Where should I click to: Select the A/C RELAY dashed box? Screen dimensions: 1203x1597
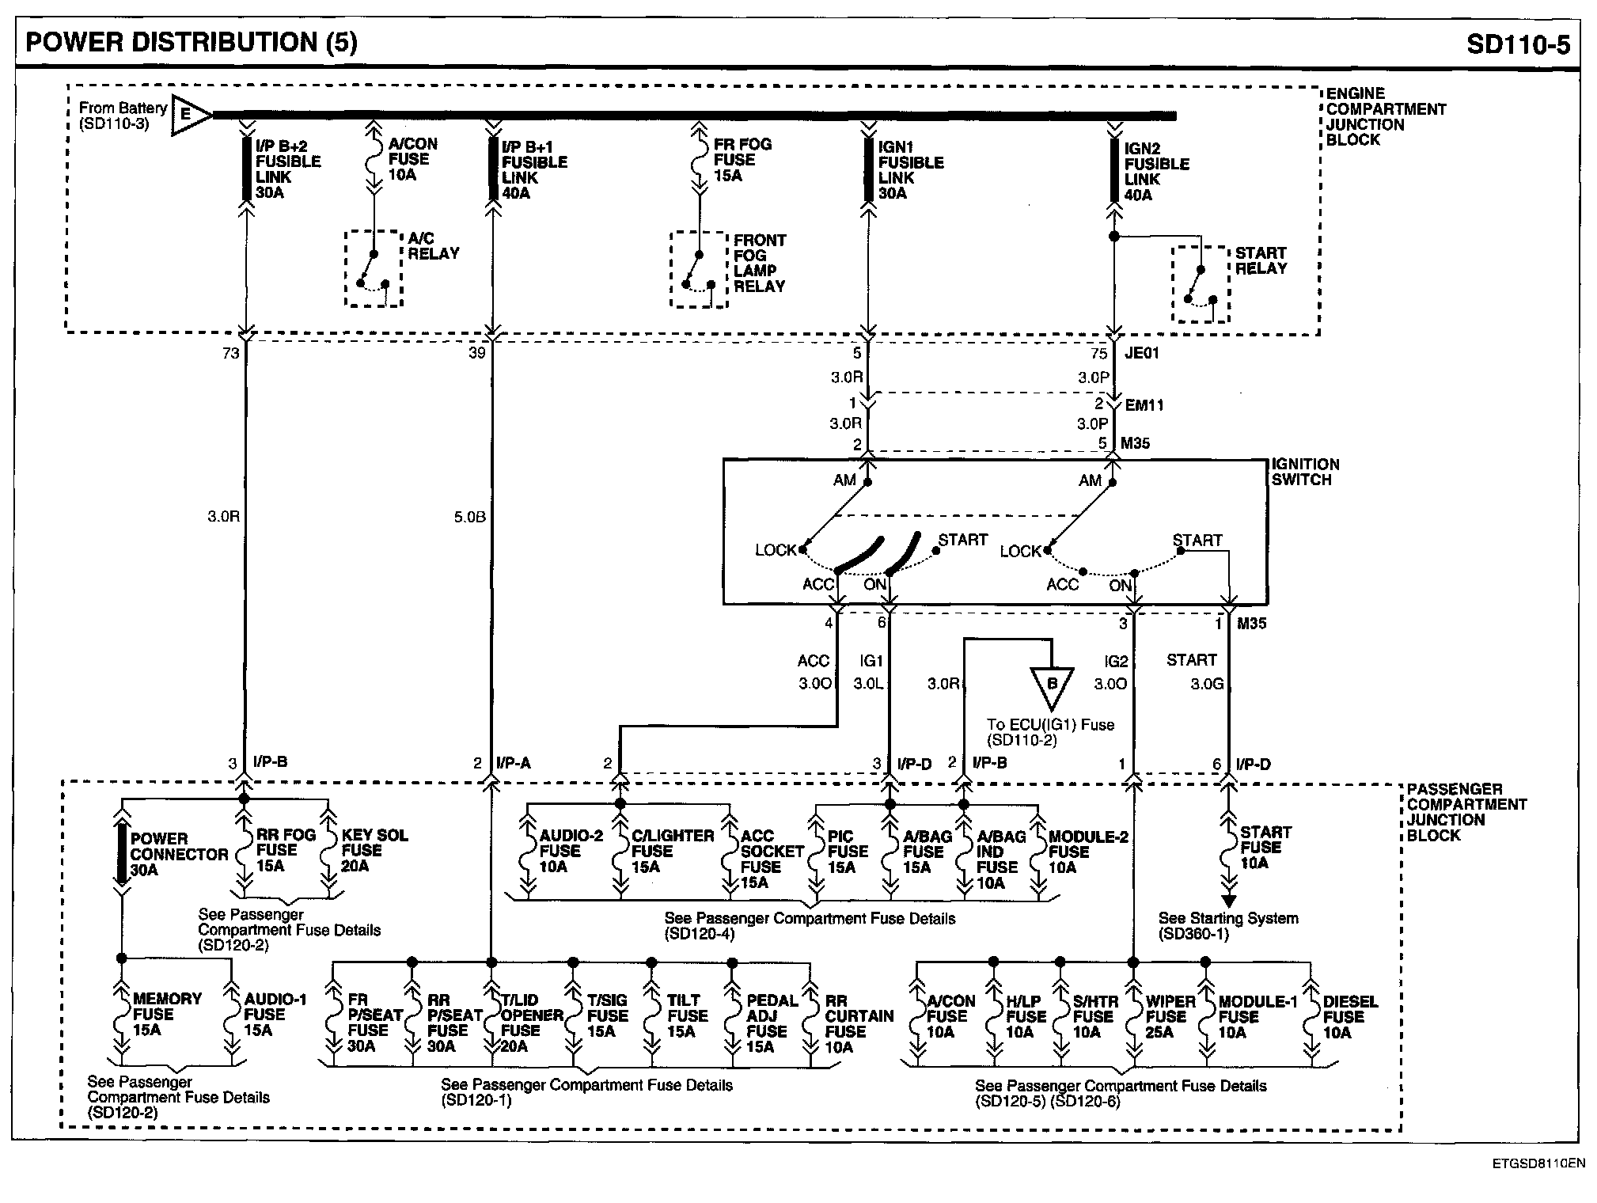click(374, 268)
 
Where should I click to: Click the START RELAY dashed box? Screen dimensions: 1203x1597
click(1201, 284)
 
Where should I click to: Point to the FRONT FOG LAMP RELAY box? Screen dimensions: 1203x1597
click(699, 270)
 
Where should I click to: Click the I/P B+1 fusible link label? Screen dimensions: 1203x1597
click(533, 170)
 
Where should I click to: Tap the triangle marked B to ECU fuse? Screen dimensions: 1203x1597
click(1052, 686)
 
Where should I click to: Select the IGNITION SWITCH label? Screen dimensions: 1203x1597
click(1305, 472)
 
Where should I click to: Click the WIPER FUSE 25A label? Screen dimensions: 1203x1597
click(1166, 1017)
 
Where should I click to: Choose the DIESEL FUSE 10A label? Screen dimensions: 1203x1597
click(1349, 1017)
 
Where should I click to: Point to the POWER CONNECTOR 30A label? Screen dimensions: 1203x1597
click(178, 854)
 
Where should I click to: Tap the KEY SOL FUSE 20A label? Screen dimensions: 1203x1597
click(374, 850)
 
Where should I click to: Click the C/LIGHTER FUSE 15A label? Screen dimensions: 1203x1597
click(671, 851)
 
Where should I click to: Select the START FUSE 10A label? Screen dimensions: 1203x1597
click(1265, 847)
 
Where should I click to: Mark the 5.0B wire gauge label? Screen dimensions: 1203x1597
click(469, 518)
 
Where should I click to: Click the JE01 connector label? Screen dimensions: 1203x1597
click(1141, 353)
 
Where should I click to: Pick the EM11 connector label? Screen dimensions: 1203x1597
click(1144, 405)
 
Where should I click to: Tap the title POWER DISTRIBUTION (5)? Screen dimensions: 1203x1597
click(192, 42)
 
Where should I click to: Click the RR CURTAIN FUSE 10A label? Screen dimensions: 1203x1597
click(858, 1024)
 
